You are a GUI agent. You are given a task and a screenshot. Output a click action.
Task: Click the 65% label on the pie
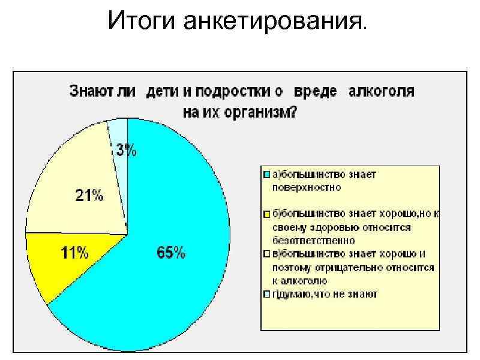pyautogui.click(x=171, y=253)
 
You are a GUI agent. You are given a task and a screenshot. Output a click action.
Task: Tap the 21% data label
pyautogui.click(x=89, y=195)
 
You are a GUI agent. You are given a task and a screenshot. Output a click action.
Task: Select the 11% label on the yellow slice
pyautogui.click(x=76, y=253)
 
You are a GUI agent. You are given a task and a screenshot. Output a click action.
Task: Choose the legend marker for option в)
pyautogui.click(x=266, y=253)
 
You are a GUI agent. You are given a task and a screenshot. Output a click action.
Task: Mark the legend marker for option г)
pyautogui.click(x=266, y=294)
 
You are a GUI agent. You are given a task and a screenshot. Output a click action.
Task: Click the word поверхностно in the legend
pyautogui.click(x=303, y=187)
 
